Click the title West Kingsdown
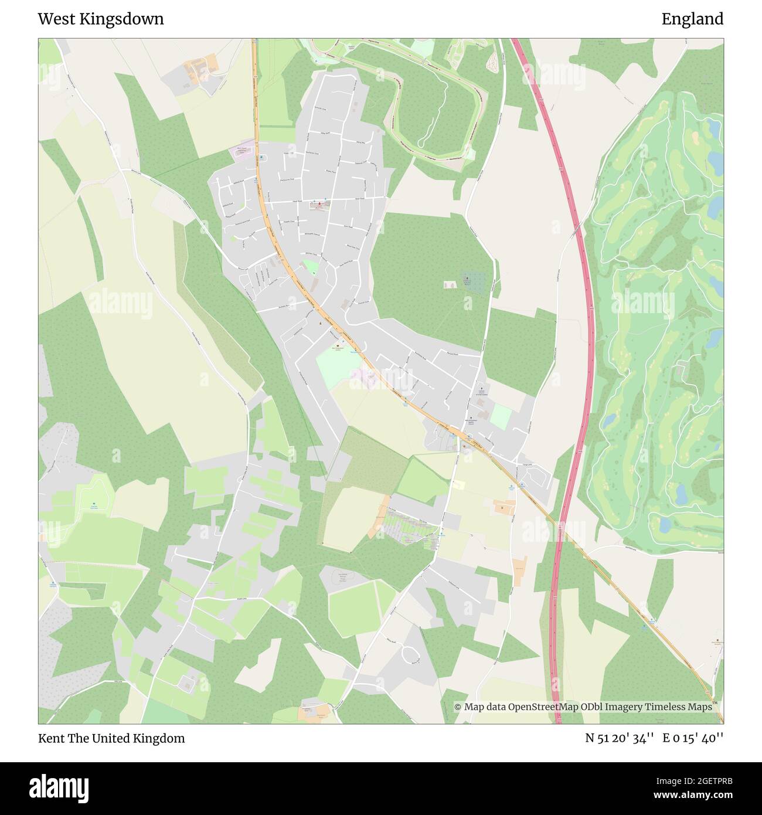click(101, 19)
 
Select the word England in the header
click(692, 19)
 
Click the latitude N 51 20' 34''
click(620, 738)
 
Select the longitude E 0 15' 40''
click(693, 738)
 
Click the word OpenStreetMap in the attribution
click(543, 707)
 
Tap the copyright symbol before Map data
click(458, 707)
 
